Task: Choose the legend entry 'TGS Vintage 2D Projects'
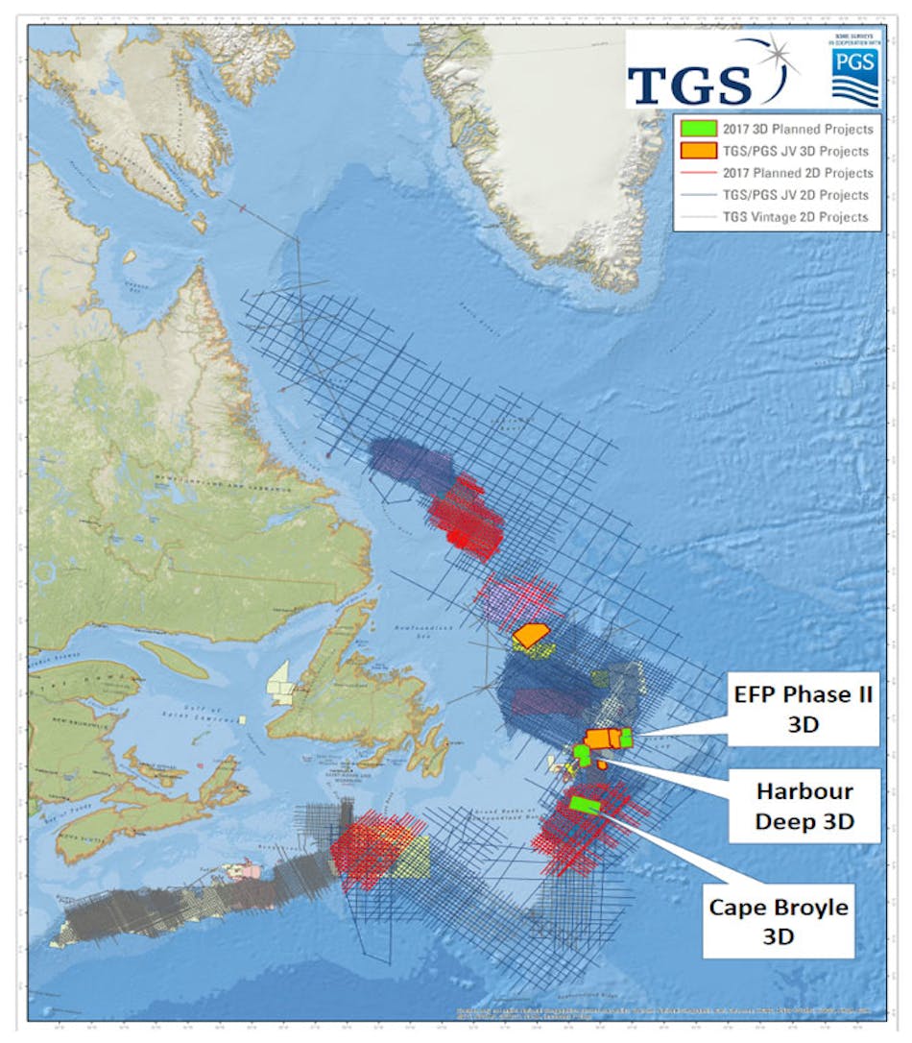pyautogui.click(x=797, y=217)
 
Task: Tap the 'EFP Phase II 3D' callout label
pyautogui.click(x=799, y=709)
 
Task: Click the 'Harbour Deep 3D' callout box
pyautogui.click(x=804, y=808)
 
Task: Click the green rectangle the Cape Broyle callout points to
pyautogui.click(x=585, y=804)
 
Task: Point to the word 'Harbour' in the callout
pyautogui.click(x=804, y=793)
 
